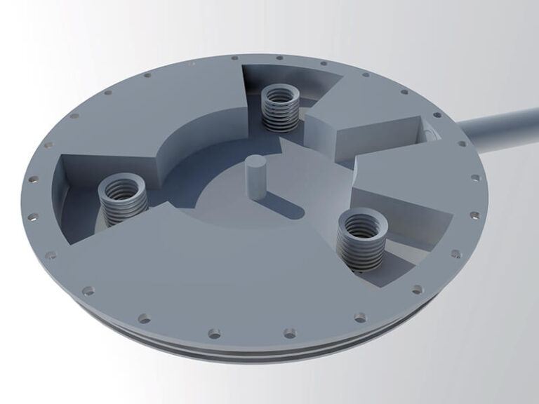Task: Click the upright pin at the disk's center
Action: pos(255,179)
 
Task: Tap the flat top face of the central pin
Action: pos(255,163)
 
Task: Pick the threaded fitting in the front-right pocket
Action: pos(360,242)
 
